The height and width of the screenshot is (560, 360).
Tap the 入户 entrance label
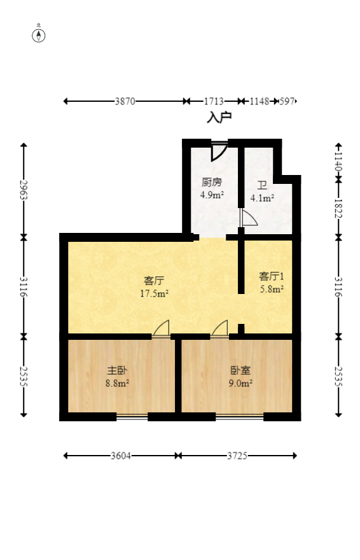tap(219, 118)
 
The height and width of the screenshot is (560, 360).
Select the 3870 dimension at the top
tap(125, 101)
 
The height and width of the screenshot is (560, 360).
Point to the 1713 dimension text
tap(214, 101)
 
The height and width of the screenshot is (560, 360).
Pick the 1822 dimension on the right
tap(338, 207)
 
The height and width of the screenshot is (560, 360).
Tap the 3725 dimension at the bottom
tap(237, 456)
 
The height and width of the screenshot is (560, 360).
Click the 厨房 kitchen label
tap(212, 182)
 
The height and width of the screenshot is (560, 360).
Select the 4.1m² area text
tap(262, 198)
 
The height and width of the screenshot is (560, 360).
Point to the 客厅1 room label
tap(271, 276)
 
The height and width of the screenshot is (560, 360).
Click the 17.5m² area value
tap(154, 293)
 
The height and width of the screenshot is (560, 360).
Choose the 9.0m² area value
tap(241, 383)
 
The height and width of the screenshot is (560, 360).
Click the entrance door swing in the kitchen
tap(219, 151)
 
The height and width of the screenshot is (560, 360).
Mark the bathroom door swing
tap(249, 218)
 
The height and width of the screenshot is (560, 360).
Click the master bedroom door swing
tap(162, 328)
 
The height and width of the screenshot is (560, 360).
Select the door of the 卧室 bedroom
tap(219, 328)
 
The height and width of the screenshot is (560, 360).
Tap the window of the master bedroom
tap(132, 417)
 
